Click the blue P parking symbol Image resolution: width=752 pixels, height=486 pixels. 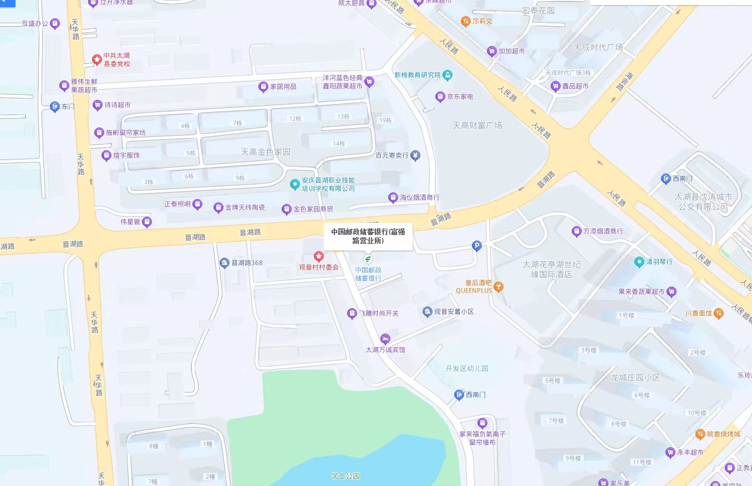point(476,245)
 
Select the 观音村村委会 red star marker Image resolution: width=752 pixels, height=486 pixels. point(318,256)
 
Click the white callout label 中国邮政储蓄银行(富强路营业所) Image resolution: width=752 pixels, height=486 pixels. point(368,236)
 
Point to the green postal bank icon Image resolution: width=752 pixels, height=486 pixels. point(368,258)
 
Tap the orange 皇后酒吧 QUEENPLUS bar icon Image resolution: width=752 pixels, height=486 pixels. point(499,286)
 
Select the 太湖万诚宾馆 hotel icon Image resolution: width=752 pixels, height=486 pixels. point(385,339)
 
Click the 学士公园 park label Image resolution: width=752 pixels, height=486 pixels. point(345,476)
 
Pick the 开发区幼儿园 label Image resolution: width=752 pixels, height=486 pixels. point(467,369)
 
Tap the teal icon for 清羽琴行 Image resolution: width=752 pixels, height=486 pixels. point(640,262)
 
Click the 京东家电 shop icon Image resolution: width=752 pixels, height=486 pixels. point(440,96)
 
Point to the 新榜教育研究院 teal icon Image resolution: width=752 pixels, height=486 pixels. point(448,75)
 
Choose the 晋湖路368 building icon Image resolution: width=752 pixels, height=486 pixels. point(224,263)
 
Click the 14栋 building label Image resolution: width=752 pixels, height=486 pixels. point(338,144)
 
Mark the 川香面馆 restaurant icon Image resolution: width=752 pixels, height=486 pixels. point(719,313)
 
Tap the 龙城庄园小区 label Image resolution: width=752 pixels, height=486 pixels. point(635,378)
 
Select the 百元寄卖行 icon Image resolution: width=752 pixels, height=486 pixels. point(415,156)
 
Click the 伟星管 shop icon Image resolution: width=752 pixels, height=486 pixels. point(147,222)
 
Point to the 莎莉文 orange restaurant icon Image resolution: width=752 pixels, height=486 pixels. point(465,21)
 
